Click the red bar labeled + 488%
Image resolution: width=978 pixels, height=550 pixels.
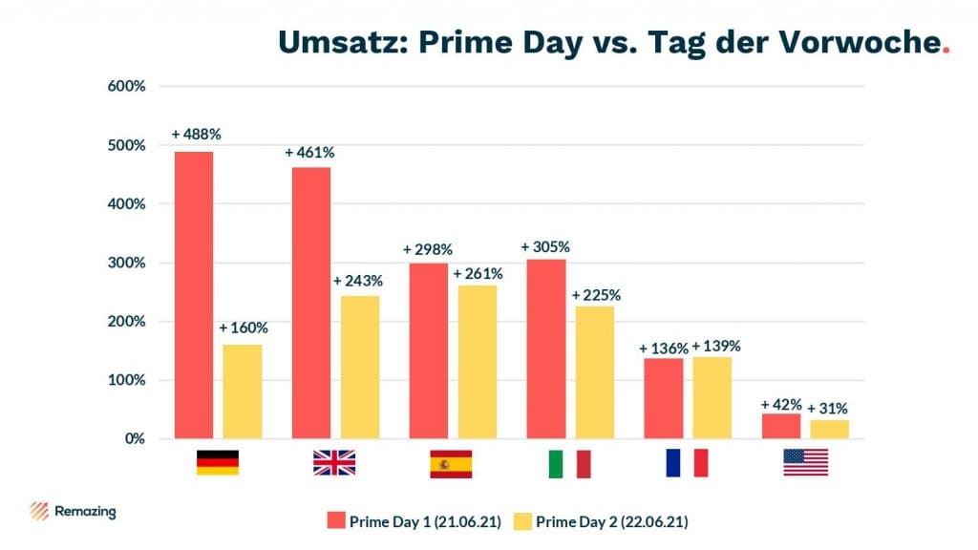coord(194,295)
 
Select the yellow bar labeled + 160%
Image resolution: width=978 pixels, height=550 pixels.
coord(243,391)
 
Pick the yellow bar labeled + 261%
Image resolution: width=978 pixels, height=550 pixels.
coord(478,362)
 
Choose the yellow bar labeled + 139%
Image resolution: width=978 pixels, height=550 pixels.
coord(712,397)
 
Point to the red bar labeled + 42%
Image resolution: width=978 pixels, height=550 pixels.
coord(781,426)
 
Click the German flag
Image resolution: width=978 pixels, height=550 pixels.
coord(218,463)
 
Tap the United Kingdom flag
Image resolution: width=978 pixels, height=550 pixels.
coord(334,463)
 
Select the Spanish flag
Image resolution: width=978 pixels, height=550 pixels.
coord(451,463)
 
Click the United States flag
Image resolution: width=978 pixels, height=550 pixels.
coord(805,463)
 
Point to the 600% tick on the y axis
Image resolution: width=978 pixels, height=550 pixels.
coord(126,86)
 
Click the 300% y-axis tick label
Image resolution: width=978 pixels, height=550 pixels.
coord(126,263)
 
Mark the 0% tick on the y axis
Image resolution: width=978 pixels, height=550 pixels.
coord(133,439)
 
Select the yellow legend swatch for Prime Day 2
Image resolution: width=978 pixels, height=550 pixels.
coord(522,521)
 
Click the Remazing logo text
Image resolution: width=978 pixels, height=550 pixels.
coord(86,512)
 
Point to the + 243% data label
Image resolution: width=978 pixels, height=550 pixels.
coord(358,281)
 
